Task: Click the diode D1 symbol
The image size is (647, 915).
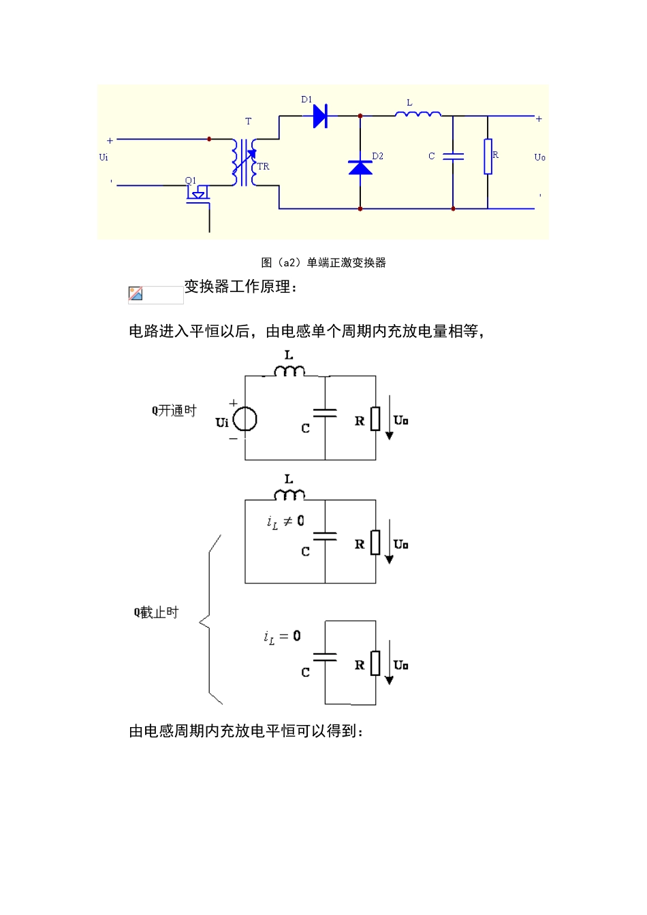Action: tap(320, 116)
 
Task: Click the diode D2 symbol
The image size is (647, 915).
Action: tap(360, 167)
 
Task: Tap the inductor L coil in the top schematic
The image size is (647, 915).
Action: tap(417, 114)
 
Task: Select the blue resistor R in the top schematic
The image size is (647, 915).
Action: tap(488, 157)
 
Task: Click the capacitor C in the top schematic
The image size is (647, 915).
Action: tap(453, 157)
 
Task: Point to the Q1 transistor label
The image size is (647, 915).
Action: tap(191, 180)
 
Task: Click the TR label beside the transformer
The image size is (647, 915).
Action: tap(264, 166)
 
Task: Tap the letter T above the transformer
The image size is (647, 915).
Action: tap(248, 121)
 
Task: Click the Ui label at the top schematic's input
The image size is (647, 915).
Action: tap(104, 157)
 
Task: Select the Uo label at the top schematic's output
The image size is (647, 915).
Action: tap(539, 157)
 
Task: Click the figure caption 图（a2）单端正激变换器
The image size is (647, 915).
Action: tap(323, 263)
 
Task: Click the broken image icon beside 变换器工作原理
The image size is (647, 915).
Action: tap(136, 294)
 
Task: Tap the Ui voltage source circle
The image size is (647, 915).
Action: tap(245, 419)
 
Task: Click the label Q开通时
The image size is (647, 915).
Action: tap(174, 411)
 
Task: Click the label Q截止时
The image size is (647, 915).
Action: tap(156, 613)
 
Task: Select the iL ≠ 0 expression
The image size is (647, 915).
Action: tap(285, 522)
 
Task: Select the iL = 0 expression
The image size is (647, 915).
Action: tap(282, 637)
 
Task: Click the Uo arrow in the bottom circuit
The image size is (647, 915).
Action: tap(390, 663)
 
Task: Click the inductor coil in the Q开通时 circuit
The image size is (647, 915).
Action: tap(289, 371)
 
